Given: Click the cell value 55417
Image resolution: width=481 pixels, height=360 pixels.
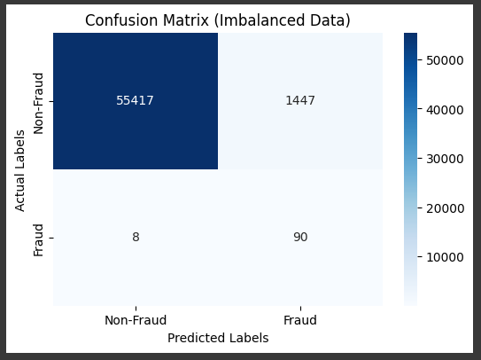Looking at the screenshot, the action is point(135,100).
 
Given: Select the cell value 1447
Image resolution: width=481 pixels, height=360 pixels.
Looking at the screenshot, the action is point(300,100).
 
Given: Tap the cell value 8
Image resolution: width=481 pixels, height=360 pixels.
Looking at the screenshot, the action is point(136,237).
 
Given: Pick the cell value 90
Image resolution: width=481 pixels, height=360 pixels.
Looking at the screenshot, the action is point(300,237).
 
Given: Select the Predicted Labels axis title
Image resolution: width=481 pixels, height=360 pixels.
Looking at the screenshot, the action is point(218,338).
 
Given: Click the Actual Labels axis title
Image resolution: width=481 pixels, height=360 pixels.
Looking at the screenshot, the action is point(19,171).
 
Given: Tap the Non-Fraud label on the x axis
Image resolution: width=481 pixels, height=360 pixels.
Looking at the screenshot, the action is point(136,320).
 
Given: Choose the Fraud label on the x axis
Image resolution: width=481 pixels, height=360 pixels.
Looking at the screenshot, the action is point(300,320).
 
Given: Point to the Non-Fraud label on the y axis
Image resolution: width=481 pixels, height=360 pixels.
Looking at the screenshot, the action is point(38,104).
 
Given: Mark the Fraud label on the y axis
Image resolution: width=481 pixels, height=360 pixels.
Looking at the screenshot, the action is point(38,240).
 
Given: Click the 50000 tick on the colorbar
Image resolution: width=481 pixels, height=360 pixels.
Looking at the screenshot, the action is point(445,60).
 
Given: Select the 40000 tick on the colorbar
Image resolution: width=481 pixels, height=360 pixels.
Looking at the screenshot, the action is point(445,110).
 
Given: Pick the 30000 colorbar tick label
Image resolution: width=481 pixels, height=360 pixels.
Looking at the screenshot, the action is point(445,159).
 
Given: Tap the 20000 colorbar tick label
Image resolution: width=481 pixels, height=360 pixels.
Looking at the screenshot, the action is point(445,208).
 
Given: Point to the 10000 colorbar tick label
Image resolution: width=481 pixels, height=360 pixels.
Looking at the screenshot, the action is point(445,257).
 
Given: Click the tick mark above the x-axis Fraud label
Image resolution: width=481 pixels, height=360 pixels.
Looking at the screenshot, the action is point(300,309).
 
